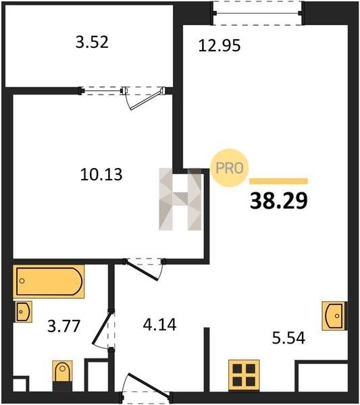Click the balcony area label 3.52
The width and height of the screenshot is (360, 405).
(92, 42)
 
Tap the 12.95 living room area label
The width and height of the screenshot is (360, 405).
(220, 45)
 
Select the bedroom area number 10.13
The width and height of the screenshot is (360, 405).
(101, 174)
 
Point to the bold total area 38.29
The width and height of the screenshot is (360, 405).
(279, 200)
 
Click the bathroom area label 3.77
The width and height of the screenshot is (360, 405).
(64, 326)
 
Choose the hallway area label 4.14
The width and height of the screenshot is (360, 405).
(159, 325)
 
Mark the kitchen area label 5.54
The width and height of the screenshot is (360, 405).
(288, 338)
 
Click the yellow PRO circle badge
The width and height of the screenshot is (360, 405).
(230, 168)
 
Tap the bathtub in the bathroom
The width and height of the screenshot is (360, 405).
(49, 281)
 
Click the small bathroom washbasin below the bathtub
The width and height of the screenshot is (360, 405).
(23, 311)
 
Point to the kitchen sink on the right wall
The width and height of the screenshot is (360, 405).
(334, 316)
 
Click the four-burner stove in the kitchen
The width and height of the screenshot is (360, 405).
(244, 375)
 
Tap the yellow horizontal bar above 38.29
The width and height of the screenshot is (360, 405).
(278, 181)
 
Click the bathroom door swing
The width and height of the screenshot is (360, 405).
(103, 329)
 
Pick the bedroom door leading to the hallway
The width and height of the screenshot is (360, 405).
(144, 269)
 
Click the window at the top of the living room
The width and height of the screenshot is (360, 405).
(257, 13)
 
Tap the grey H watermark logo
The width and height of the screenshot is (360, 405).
(180, 199)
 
